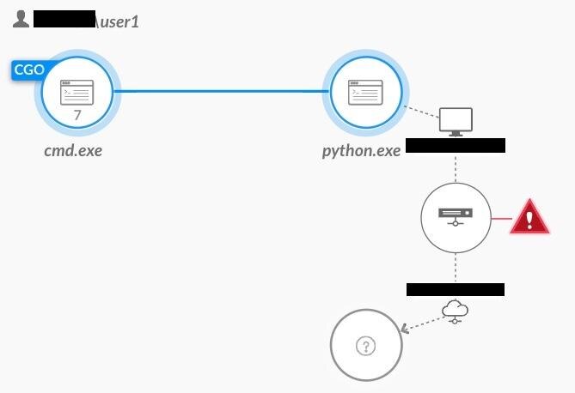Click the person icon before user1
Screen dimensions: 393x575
click(21, 18)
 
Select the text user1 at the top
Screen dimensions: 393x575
click(119, 21)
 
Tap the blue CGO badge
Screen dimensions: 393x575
click(28, 70)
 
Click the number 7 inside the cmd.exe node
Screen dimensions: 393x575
click(77, 114)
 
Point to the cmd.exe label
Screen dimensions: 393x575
click(78, 151)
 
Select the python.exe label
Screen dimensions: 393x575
click(361, 151)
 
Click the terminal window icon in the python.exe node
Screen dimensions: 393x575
click(364, 92)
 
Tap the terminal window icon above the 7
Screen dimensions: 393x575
click(77, 92)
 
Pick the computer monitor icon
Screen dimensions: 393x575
click(456, 122)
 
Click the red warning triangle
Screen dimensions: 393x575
click(529, 218)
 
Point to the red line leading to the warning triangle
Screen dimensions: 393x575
click(500, 218)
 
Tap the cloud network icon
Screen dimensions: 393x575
click(455, 311)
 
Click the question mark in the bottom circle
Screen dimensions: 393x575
click(366, 346)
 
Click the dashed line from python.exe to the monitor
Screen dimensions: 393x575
click(422, 112)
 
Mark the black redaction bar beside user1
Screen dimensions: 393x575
click(64, 19)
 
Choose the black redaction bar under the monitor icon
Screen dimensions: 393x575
click(455, 145)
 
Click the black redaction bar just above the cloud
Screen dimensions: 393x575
click(455, 289)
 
